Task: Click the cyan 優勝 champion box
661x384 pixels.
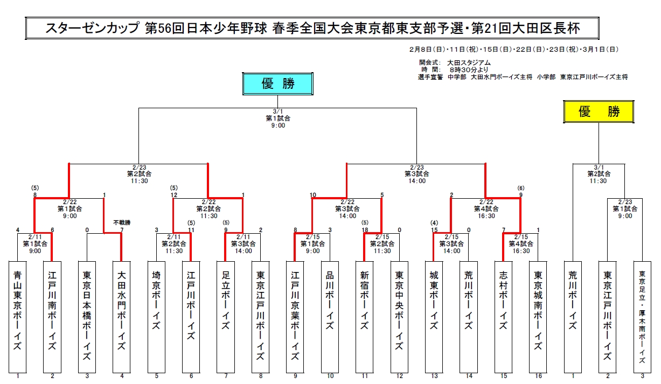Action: coord(278,83)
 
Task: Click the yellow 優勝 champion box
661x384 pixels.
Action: coord(599,111)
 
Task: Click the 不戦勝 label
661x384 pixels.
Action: coord(122,222)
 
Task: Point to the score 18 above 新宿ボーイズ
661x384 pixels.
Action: coord(365,230)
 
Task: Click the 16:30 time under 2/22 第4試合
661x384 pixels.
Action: coord(486,215)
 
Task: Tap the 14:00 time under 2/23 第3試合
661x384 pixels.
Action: coord(416,181)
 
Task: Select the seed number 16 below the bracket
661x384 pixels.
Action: coord(538,376)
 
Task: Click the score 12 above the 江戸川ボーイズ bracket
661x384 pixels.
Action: coord(173,195)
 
